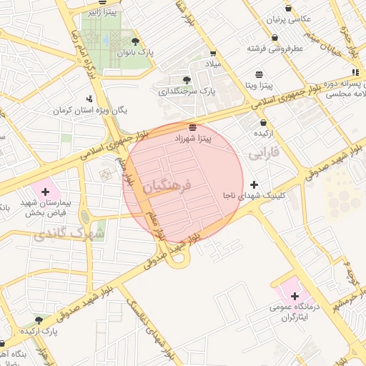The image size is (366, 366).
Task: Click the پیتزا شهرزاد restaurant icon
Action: (193, 127)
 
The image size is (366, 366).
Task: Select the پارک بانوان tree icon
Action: (136, 41)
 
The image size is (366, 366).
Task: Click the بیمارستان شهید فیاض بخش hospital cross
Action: (46, 191)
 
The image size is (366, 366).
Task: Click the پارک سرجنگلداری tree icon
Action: (187, 80)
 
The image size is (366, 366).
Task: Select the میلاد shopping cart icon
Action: (213, 53)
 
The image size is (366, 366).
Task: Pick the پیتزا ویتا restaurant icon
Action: (259, 74)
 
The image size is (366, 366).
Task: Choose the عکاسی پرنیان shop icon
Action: (288, 8)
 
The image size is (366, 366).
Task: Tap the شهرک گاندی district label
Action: (79, 233)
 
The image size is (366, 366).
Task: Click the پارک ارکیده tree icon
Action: (39, 320)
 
